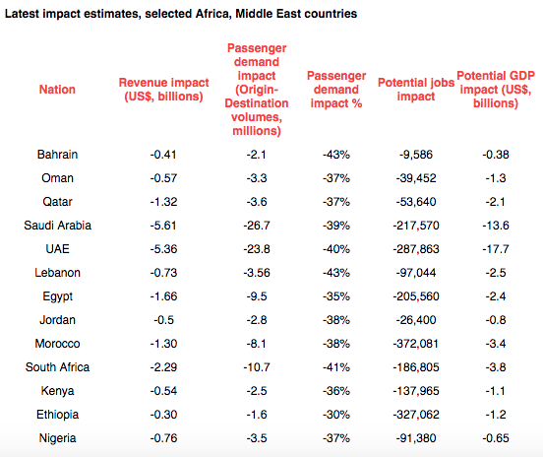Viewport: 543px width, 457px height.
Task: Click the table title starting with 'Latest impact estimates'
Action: (181, 14)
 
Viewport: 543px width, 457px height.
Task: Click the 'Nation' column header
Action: (57, 90)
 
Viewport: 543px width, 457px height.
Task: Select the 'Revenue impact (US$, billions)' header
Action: (164, 90)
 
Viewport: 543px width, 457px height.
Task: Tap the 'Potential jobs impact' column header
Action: (416, 90)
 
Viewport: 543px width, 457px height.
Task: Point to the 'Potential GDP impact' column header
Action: (496, 90)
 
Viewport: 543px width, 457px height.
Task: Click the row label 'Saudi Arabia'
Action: (57, 226)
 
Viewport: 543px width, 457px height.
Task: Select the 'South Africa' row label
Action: (57, 367)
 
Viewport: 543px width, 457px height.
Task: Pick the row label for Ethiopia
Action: (57, 415)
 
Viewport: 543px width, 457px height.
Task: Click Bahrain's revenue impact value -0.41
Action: (163, 155)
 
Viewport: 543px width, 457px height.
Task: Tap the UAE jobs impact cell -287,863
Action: (416, 249)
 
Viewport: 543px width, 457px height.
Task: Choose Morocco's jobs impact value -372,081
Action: (416, 344)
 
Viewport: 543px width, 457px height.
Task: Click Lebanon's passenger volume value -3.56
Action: (257, 273)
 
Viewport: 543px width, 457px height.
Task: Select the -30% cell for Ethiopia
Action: (336, 415)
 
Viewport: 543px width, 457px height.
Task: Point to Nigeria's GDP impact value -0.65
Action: (496, 438)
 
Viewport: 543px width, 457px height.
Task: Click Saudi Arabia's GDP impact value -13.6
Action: (496, 226)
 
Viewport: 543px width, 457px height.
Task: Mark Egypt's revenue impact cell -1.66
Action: (163, 296)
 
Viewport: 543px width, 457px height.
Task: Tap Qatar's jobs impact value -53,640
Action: (416, 202)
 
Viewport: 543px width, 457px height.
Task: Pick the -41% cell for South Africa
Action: (336, 367)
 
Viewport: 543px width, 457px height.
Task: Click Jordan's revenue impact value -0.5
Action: (163, 320)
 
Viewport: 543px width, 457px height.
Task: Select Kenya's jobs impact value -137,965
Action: (416, 391)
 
